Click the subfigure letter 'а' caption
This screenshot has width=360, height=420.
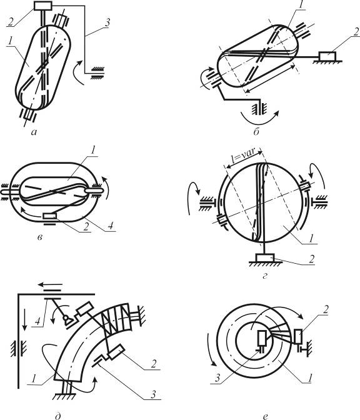click(34, 132)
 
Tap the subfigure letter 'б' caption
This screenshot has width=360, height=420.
click(256, 132)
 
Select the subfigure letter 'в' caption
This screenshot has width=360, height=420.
click(39, 237)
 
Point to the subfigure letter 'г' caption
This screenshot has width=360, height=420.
click(265, 276)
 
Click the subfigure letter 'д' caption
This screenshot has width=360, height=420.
click(57, 416)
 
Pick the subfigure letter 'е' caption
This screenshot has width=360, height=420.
click(265, 416)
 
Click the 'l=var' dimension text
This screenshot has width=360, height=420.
click(244, 156)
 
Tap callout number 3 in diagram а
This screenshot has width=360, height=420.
click(107, 22)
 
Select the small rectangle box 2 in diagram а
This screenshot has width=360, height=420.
click(43, 6)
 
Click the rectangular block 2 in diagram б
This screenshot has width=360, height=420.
click(327, 56)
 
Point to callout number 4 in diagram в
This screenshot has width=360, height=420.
click(111, 226)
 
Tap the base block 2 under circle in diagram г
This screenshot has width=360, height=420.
click(264, 257)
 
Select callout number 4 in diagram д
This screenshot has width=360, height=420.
click(38, 321)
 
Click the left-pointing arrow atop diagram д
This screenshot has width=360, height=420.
click(50, 284)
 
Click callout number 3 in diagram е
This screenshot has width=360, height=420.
click(217, 378)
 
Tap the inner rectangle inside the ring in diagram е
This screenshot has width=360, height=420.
click(262, 337)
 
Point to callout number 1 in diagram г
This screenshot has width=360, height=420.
click(311, 238)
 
